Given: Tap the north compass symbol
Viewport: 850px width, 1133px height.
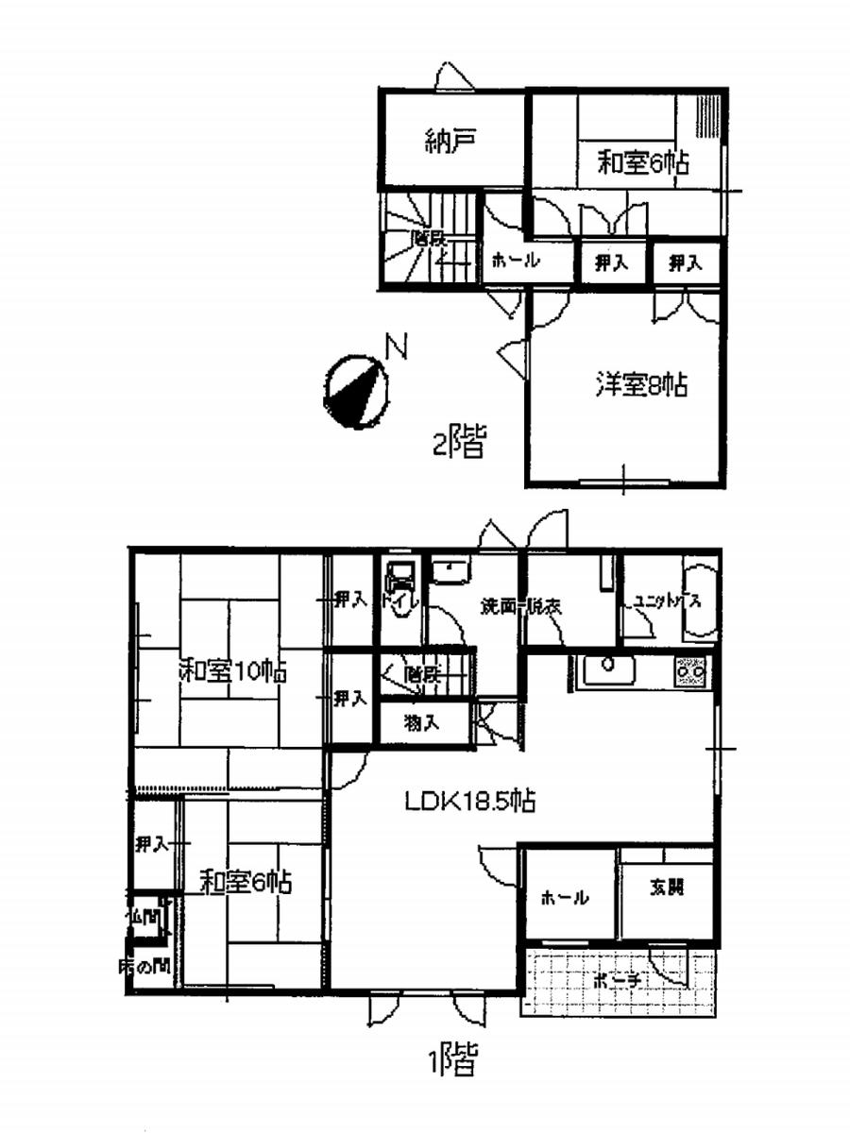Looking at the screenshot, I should point(355,390).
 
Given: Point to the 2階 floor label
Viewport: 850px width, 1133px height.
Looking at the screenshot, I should point(459,442).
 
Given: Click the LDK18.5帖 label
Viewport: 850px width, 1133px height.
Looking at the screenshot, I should point(471,803).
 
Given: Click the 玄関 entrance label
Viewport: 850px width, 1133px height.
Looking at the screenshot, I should point(666,888).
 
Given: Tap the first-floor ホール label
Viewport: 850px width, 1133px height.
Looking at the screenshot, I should point(565,898).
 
